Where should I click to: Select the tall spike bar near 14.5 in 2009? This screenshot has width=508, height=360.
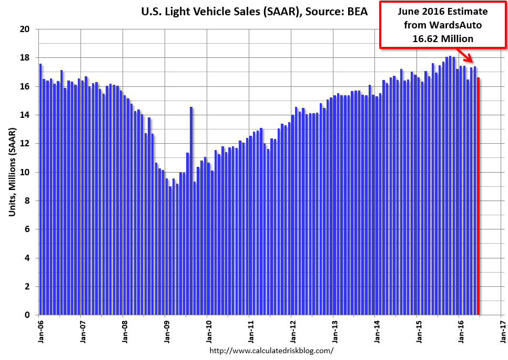coord(191,211)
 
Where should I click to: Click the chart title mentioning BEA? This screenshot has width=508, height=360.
coord(255,11)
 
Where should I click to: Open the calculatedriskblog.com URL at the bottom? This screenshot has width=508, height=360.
coord(272,350)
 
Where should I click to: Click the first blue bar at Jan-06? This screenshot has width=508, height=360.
coord(40,189)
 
